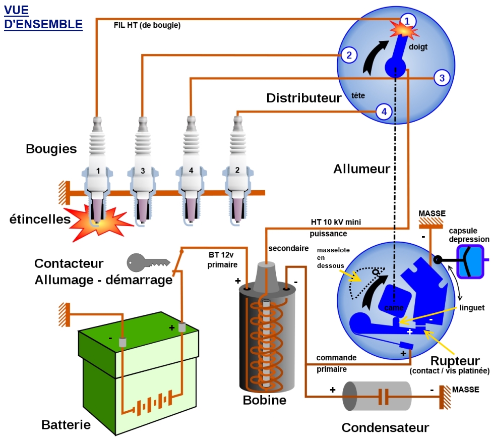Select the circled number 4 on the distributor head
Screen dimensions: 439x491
point(384,112)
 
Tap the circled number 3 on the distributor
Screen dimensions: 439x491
point(442,78)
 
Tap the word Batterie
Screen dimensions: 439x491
point(66,424)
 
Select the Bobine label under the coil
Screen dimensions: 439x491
point(264,400)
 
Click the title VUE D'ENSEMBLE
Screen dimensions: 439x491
point(43,18)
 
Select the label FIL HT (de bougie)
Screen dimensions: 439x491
point(147,25)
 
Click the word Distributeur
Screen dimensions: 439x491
point(303,98)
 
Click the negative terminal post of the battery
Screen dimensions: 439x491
point(122,342)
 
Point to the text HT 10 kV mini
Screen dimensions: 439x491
point(336,222)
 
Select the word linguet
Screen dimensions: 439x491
point(472,307)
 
